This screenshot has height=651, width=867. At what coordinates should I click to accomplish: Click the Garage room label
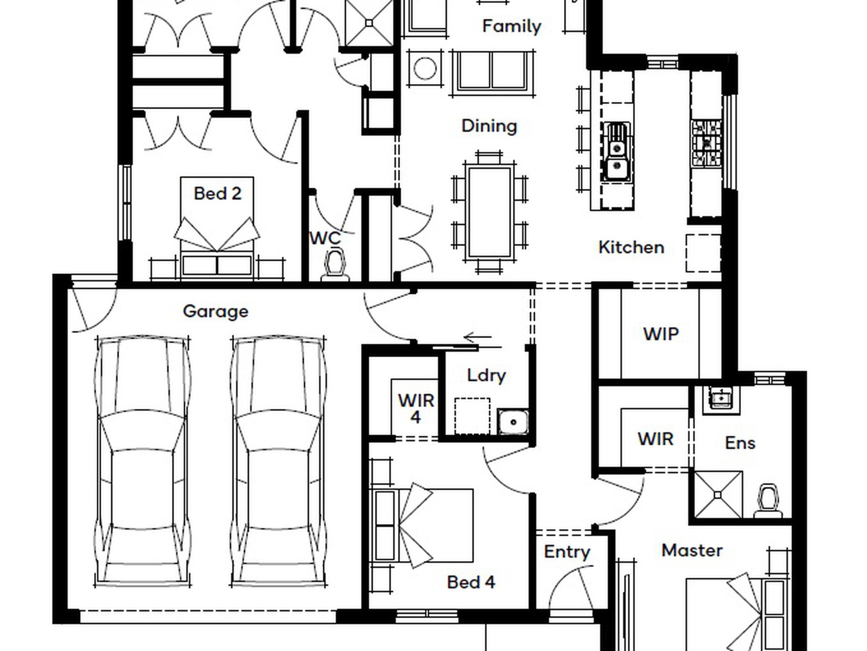(x=215, y=312)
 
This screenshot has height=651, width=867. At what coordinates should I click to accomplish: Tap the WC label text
(x=325, y=238)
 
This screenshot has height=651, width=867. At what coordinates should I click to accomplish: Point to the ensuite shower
(x=718, y=495)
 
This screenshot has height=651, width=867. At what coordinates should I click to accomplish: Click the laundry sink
(x=513, y=421)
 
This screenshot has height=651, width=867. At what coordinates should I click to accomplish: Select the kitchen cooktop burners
(x=706, y=143)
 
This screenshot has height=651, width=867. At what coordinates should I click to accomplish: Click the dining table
(x=489, y=212)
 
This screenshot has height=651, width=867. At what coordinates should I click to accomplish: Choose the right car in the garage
(x=278, y=462)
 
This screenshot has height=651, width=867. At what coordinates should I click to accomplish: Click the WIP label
(x=661, y=334)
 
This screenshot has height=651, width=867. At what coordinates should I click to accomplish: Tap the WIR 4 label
(x=416, y=408)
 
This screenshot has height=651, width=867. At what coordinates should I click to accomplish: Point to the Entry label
(x=567, y=552)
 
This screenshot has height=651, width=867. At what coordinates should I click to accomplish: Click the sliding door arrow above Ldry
(x=477, y=338)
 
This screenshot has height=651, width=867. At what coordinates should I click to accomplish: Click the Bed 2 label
(x=217, y=193)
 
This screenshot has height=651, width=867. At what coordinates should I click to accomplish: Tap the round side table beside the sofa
(x=425, y=68)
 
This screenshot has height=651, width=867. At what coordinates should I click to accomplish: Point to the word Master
(x=692, y=550)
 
